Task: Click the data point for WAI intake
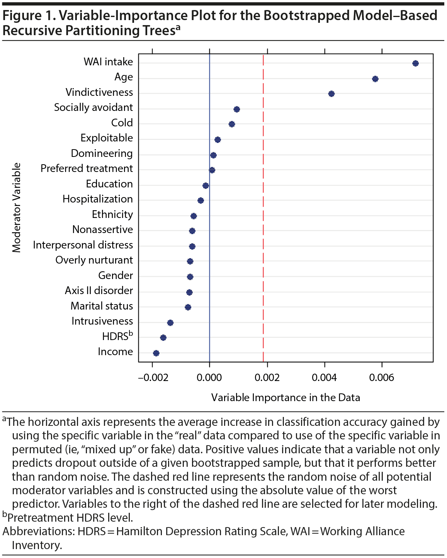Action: [x=415, y=63]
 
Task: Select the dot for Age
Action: [x=375, y=79]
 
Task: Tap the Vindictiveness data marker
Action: [x=331, y=94]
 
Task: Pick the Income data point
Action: [x=156, y=353]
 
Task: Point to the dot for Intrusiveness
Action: [x=170, y=323]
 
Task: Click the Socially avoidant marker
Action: [x=237, y=109]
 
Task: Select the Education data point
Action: [x=206, y=186]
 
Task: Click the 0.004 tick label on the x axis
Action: [x=324, y=378]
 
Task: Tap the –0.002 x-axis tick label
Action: [x=153, y=378]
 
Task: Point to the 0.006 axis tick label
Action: [x=382, y=378]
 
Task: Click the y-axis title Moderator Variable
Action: [x=17, y=208]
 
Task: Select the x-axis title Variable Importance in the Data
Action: [x=286, y=398]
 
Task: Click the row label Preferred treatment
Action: [x=87, y=168]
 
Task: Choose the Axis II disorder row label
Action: [x=99, y=291]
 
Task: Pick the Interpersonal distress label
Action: [x=83, y=245]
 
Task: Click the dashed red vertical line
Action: [x=263, y=270]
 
